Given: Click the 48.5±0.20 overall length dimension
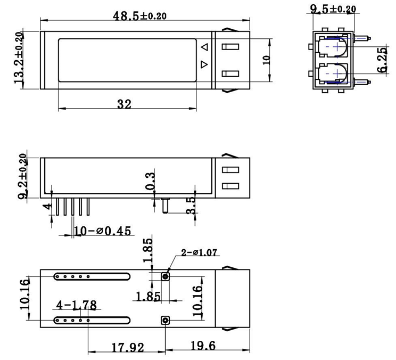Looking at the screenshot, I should click(x=139, y=15).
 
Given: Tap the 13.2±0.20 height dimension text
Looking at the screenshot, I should click(x=19, y=57).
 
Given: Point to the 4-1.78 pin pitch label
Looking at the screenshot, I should click(x=77, y=305).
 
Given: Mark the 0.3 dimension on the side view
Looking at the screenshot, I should click(x=150, y=182).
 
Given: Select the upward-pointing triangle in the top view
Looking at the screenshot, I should click(x=204, y=48).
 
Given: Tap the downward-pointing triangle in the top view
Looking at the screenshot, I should click(x=204, y=64).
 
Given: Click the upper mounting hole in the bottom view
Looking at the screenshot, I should click(x=166, y=276).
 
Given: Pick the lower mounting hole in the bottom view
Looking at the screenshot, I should click(x=166, y=320).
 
